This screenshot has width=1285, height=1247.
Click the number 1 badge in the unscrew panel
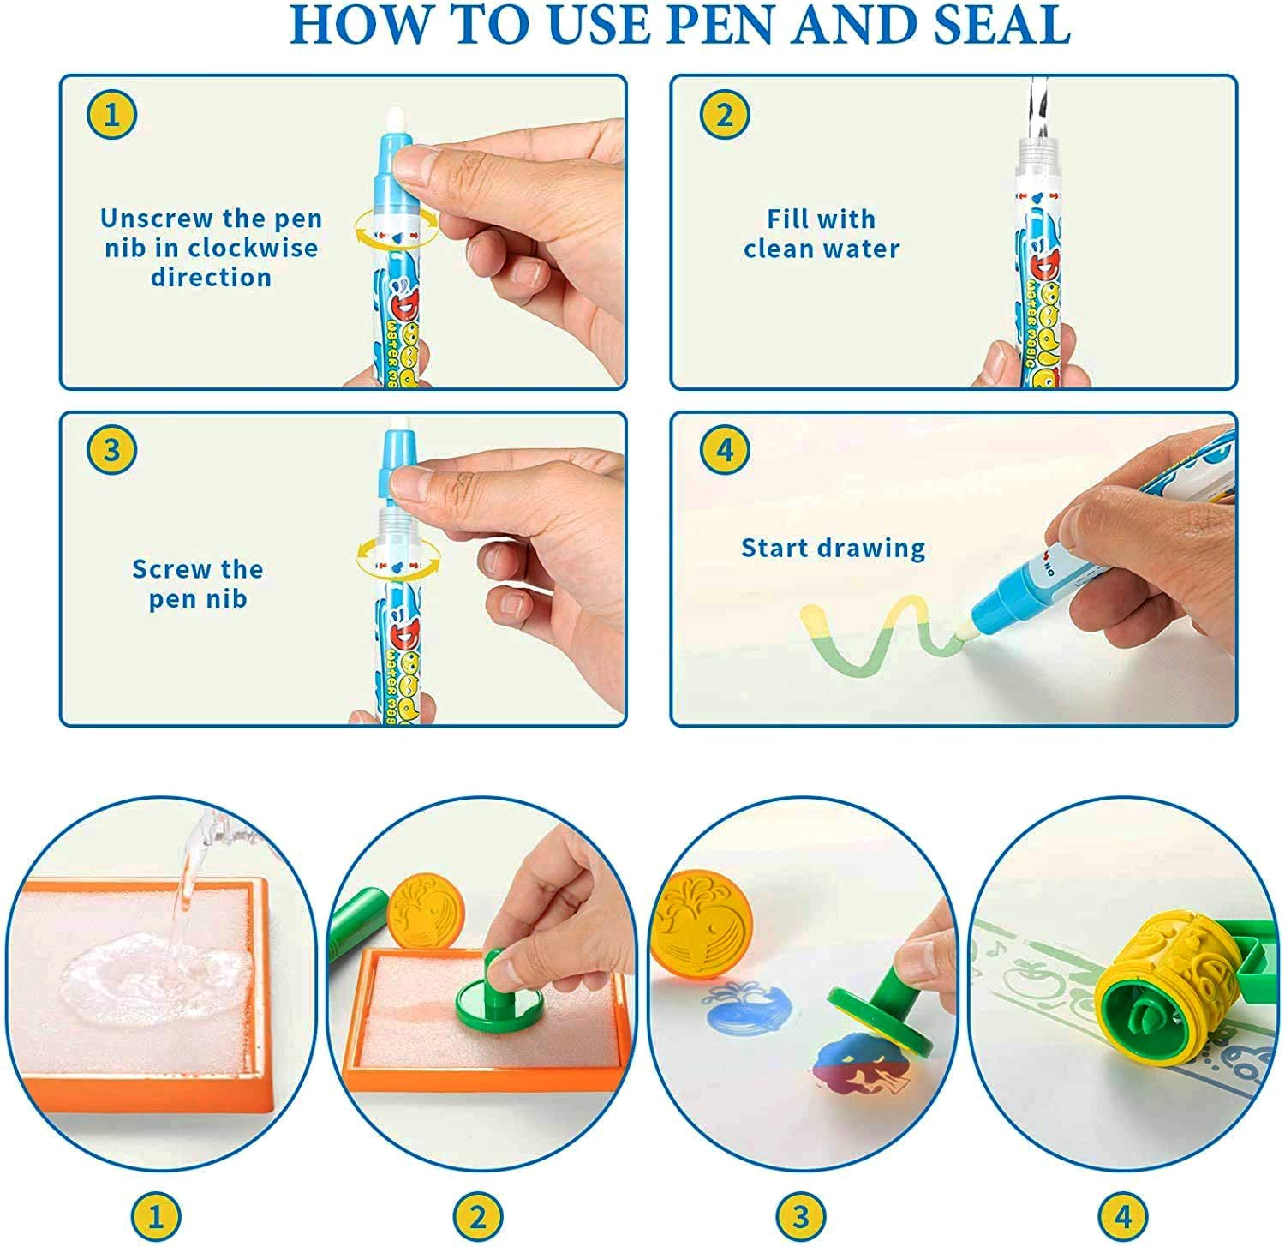point(111,115)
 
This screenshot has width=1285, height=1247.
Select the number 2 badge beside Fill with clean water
point(725,115)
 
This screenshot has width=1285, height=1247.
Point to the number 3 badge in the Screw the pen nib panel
point(111,449)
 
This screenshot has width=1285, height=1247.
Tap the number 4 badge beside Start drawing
point(725,449)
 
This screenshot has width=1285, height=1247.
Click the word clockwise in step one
point(253,248)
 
